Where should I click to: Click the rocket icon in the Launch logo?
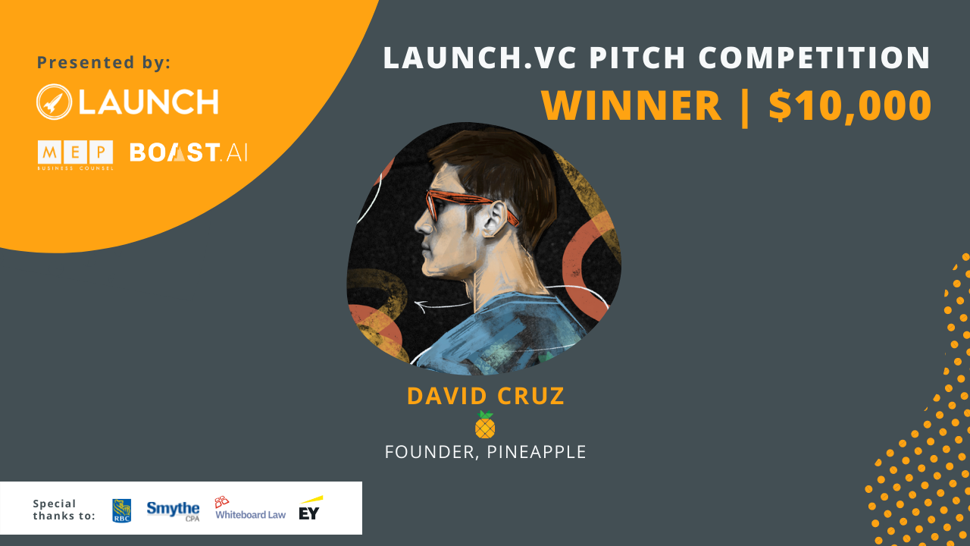click(54, 102)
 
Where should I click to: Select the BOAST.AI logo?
click(189, 152)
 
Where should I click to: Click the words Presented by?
click(104, 62)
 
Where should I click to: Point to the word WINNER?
click(631, 105)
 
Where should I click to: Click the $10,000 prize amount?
click(850, 105)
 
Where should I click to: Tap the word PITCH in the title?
click(638, 58)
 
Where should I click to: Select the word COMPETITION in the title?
click(815, 58)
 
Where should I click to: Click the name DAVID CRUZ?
click(486, 396)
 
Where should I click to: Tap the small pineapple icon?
click(485, 425)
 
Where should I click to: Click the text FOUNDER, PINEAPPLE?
click(486, 452)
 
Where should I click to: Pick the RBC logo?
click(122, 511)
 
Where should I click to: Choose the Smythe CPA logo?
click(174, 511)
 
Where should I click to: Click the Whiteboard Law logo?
click(250, 508)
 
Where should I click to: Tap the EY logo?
click(310, 508)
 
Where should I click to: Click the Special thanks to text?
click(64, 510)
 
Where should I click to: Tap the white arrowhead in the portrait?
click(421, 306)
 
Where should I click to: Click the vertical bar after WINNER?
click(745, 106)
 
